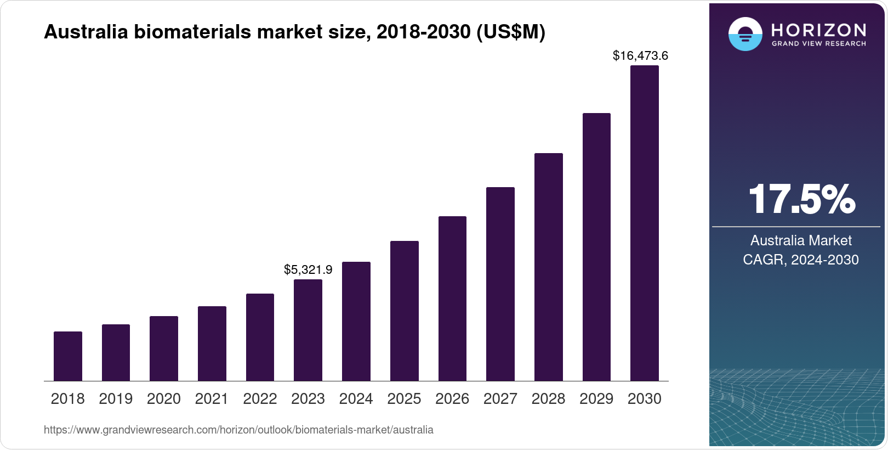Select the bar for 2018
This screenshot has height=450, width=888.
click(68, 356)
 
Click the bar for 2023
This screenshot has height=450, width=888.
click(308, 330)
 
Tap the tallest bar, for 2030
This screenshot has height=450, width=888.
click(645, 223)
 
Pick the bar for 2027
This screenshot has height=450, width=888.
click(500, 284)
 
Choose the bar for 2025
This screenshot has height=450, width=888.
click(404, 311)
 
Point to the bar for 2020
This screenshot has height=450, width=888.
click(164, 348)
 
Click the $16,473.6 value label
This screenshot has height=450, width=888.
click(640, 55)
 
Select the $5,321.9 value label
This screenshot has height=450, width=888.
click(308, 269)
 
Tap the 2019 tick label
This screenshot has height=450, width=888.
click(116, 399)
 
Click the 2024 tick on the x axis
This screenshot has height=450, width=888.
click(356, 399)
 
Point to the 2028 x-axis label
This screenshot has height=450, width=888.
click(548, 399)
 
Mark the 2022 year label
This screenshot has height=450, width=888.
click(260, 399)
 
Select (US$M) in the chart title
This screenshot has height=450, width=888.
click(510, 32)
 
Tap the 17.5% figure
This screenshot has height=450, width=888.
click(801, 199)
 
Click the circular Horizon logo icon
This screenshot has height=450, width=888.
click(745, 34)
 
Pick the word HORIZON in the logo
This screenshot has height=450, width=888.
click(818, 30)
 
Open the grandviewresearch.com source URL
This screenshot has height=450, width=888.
click(238, 430)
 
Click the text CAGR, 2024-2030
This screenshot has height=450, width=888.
click(800, 260)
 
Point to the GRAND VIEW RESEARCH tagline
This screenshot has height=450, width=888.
click(818, 44)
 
